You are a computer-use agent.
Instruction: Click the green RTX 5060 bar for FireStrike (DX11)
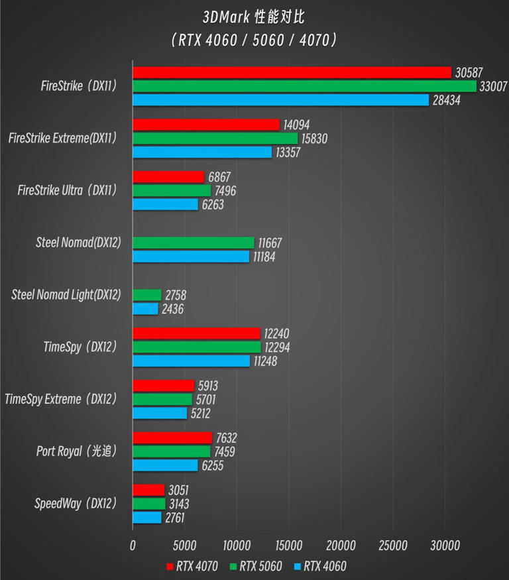tap(304, 86)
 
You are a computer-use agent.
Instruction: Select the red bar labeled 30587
tap(292, 72)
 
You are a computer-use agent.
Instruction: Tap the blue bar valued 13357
tap(202, 152)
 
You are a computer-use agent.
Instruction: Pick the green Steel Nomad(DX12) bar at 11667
tap(194, 243)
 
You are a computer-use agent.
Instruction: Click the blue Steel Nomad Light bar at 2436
tap(146, 309)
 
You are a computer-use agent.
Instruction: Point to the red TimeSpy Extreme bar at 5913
tap(164, 386)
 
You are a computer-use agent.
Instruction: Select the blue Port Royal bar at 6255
tap(165, 465)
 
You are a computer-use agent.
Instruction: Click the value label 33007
tap(493, 86)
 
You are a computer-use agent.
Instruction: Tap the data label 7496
tap(225, 191)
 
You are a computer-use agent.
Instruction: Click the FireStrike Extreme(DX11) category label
tap(63, 139)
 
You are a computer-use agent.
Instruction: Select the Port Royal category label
tap(76, 451)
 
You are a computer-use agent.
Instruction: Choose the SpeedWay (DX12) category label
tap(76, 504)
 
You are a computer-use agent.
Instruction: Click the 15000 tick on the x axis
tap(288, 545)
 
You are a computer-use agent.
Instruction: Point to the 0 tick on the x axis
tap(133, 545)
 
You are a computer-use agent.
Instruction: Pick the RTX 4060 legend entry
tap(320, 566)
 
